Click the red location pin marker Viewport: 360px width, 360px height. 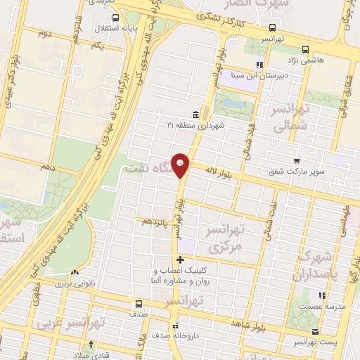pyautogui.click(x=181, y=165)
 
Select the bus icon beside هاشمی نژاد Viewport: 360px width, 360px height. pyautogui.click(x=304, y=49)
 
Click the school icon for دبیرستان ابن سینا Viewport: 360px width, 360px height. pyautogui.click(x=259, y=65)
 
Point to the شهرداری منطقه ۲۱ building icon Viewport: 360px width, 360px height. pyautogui.click(x=195, y=114)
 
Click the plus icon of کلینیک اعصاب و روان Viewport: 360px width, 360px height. pyautogui.click(x=181, y=260)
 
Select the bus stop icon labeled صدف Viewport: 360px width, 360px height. pyautogui.click(x=138, y=304)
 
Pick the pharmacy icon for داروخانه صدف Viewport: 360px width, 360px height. pyautogui.click(x=175, y=326)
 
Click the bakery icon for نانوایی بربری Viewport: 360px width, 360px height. pyautogui.click(x=75, y=272)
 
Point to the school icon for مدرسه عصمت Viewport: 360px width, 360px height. pyautogui.click(x=321, y=296)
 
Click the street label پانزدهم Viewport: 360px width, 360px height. pyautogui.click(x=156, y=221)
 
